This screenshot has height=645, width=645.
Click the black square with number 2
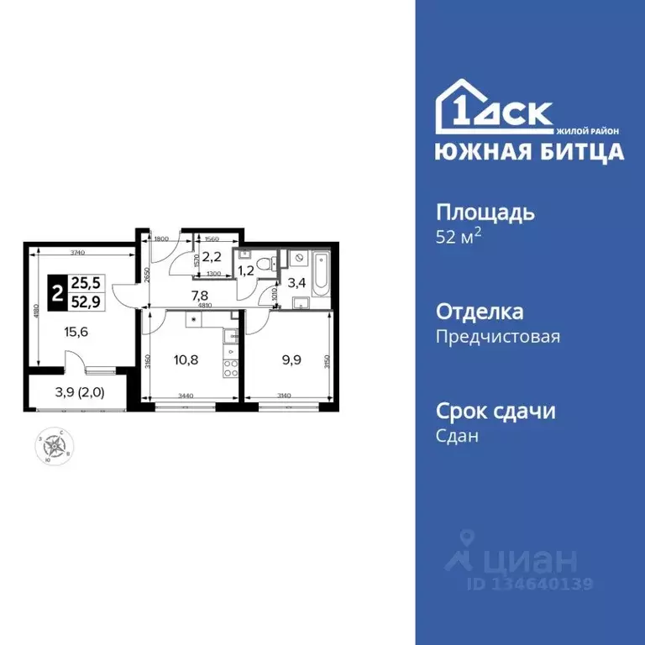[x=55, y=293]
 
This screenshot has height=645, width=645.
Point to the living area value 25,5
[x=85, y=284]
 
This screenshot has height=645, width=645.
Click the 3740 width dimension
[x=81, y=253]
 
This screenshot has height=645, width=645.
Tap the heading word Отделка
[x=480, y=312]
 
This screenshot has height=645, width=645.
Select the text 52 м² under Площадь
[x=459, y=236]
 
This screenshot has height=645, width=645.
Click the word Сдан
[x=457, y=437]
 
